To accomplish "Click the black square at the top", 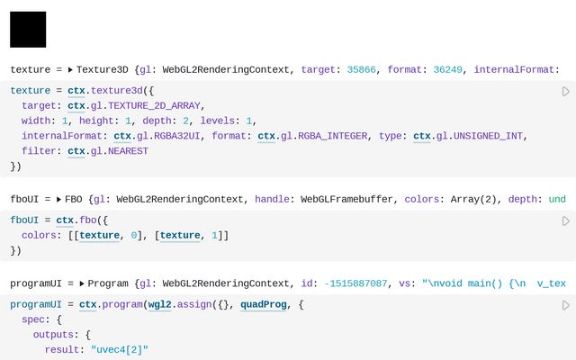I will [28, 30].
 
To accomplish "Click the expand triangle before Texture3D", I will [70, 69].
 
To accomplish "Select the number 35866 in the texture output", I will [363, 69].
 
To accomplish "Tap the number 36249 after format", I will [444, 69].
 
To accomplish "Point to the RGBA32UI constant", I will [180, 136].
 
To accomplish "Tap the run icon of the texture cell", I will [565, 92].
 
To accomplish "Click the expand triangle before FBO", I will [58, 199].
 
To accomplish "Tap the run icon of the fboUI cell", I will [565, 221].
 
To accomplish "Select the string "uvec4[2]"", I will [119, 350].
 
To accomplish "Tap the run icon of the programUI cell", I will [565, 306].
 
